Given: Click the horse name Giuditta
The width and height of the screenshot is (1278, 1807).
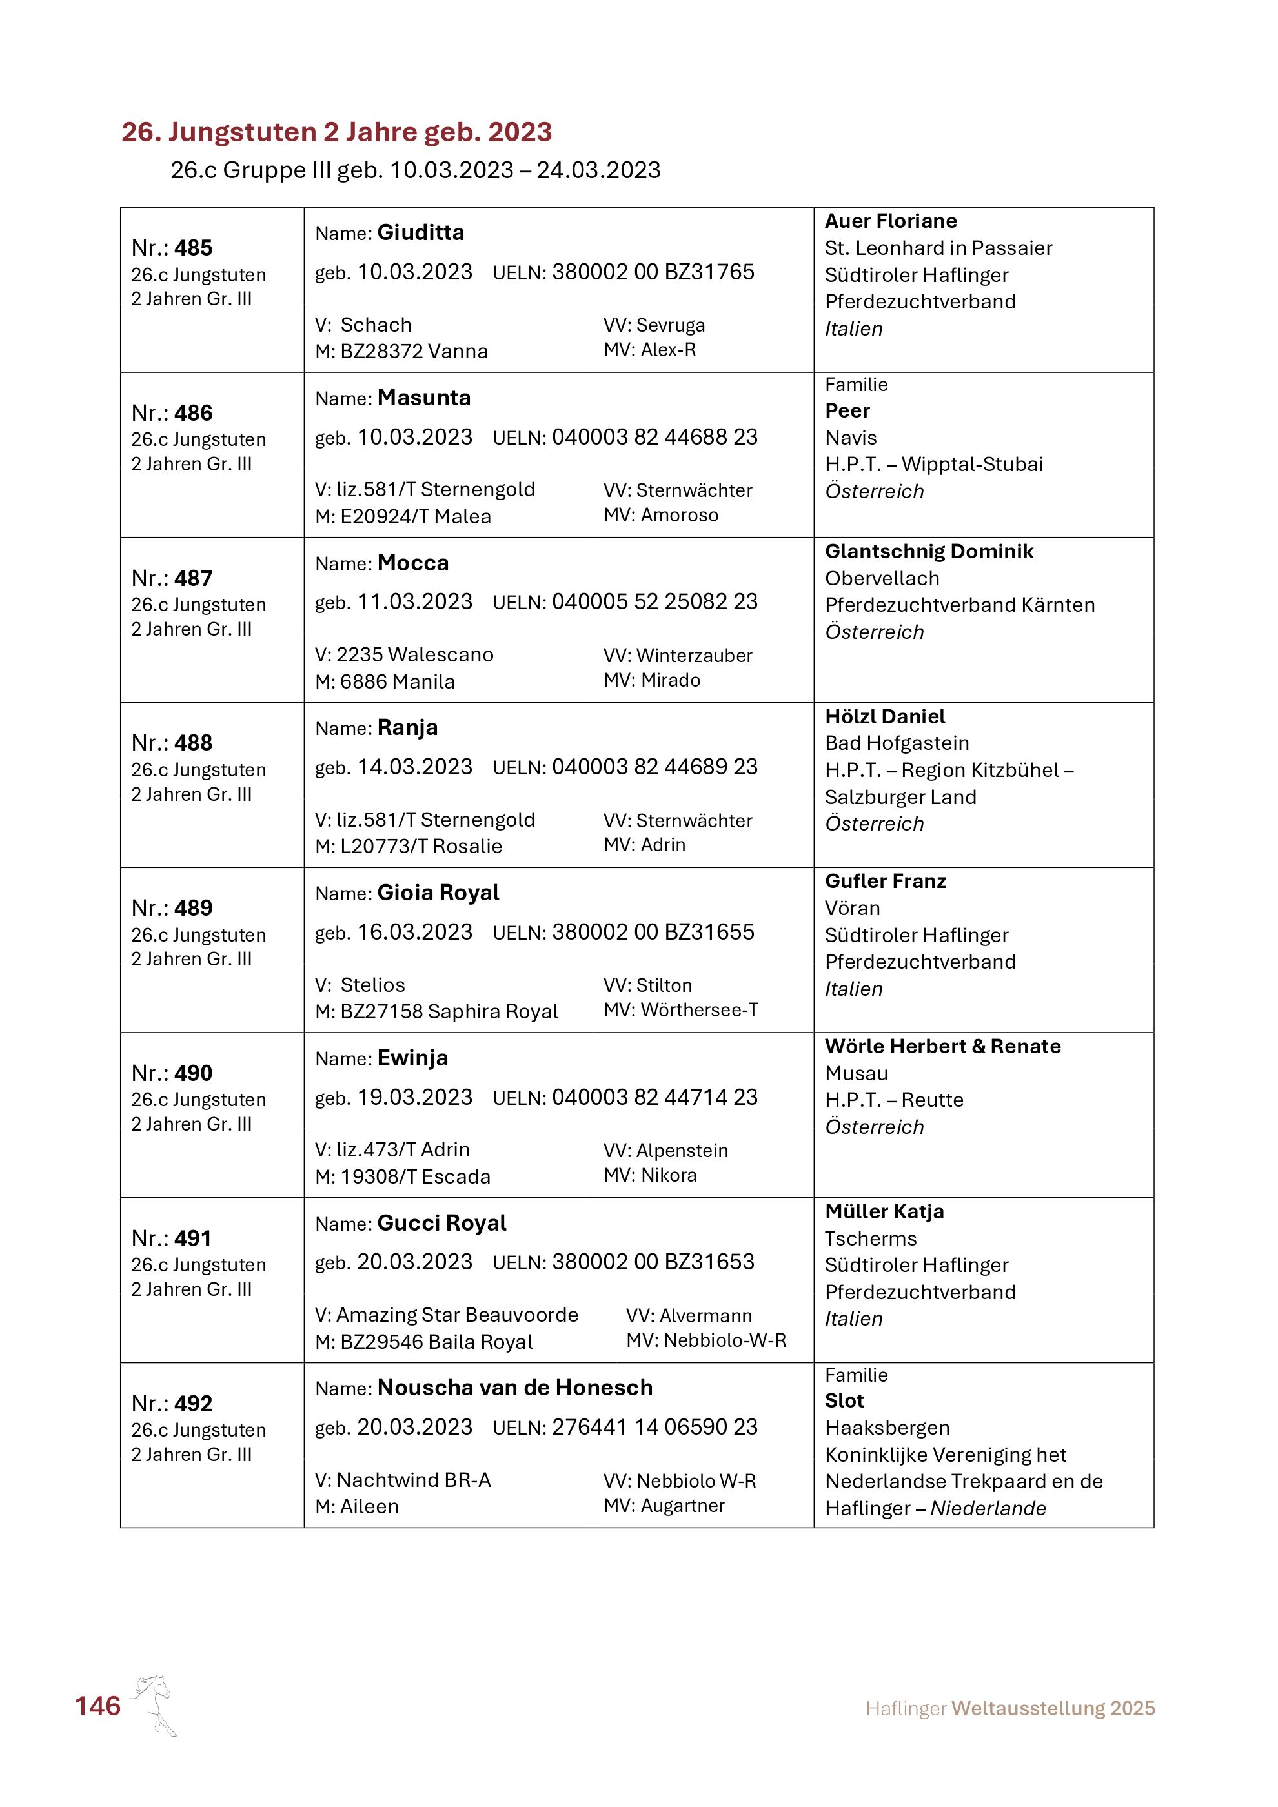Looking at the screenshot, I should coord(420,233).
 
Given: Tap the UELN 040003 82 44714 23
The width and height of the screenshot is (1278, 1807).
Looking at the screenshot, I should coord(654,1097).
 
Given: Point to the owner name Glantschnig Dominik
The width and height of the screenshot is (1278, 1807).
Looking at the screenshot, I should coord(929,552).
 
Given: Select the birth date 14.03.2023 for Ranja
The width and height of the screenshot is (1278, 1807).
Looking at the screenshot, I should coord(415,767).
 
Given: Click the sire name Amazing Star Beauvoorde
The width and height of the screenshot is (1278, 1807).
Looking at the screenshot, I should coord(457,1315).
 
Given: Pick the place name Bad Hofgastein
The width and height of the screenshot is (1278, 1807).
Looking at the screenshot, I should coord(897,743).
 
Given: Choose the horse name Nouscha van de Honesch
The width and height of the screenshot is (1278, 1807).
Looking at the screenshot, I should coord(514,1388).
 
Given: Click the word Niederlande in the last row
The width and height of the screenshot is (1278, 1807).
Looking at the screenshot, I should coord(988,1509).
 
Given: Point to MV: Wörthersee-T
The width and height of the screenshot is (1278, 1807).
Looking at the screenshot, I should coord(681,1010).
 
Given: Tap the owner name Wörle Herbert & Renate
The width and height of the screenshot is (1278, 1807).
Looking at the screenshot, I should coord(942,1047).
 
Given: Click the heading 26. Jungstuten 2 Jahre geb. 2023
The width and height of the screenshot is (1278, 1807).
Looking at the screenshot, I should coord(336,132).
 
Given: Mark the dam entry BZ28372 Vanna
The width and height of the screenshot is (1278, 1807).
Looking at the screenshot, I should coord(413,352).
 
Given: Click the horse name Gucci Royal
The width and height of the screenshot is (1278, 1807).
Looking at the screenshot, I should coord(441,1223).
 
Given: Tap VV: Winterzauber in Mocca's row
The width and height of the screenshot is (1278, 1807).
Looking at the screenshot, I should coord(678,656).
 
